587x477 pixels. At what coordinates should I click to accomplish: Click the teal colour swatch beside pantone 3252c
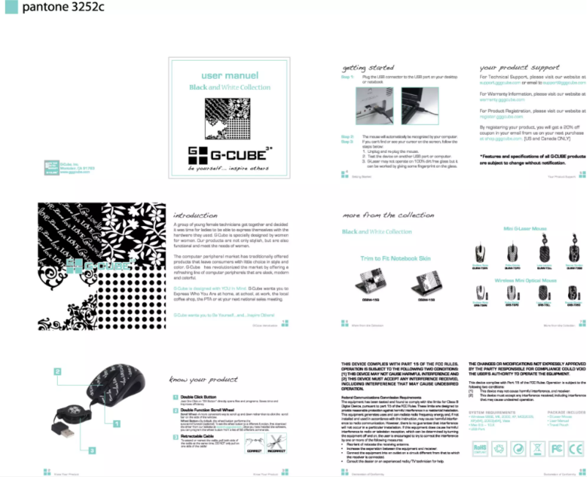(7, 8)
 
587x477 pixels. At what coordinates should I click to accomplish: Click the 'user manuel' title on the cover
(229, 75)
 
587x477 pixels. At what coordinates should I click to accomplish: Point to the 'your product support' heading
(519, 67)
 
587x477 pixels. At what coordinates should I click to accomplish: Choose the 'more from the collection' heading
(388, 216)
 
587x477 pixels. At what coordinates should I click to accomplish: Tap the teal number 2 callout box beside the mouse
(56, 372)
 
